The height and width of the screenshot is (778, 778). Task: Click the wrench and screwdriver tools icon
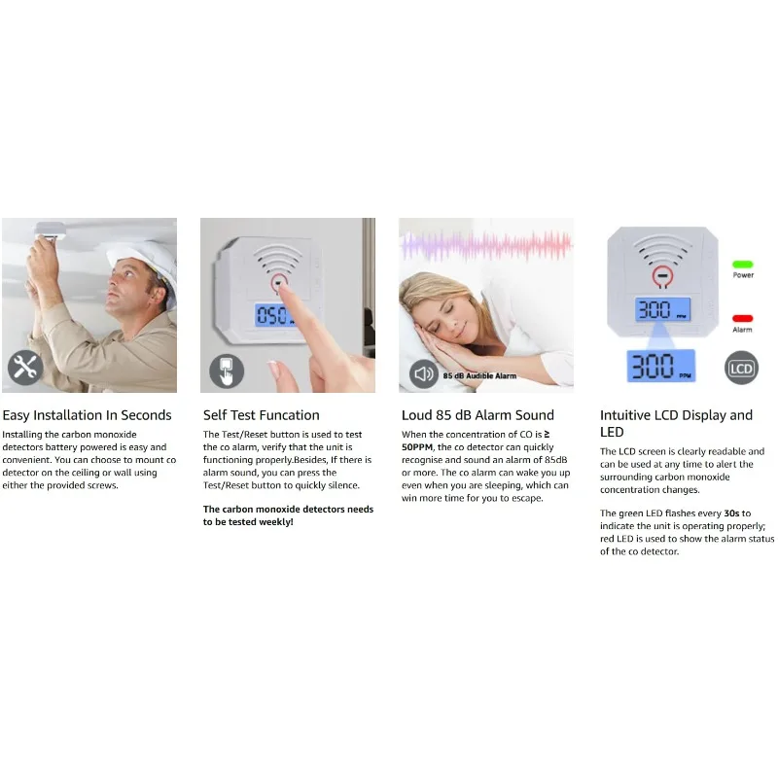coord(25,368)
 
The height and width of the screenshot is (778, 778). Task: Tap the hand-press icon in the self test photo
coord(227,371)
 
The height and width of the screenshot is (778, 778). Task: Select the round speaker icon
coord(424,373)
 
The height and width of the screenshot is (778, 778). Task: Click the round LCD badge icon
coord(741,369)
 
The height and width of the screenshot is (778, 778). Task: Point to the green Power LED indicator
coord(742,265)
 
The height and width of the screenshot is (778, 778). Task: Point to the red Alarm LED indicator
coord(742,319)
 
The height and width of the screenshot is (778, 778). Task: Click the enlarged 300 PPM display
coord(661,366)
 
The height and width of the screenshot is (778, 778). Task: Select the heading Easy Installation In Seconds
coord(87,415)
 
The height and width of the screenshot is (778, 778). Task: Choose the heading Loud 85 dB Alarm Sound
coord(477,415)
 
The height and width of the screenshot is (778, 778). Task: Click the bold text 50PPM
coord(417,447)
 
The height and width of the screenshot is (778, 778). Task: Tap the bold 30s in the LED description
coord(731,513)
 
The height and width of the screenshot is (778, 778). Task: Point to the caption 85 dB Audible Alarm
coord(479,375)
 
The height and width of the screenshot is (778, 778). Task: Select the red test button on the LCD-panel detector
coord(662,276)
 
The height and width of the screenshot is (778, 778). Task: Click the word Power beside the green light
coord(743,275)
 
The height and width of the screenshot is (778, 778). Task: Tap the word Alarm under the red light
coord(742,330)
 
